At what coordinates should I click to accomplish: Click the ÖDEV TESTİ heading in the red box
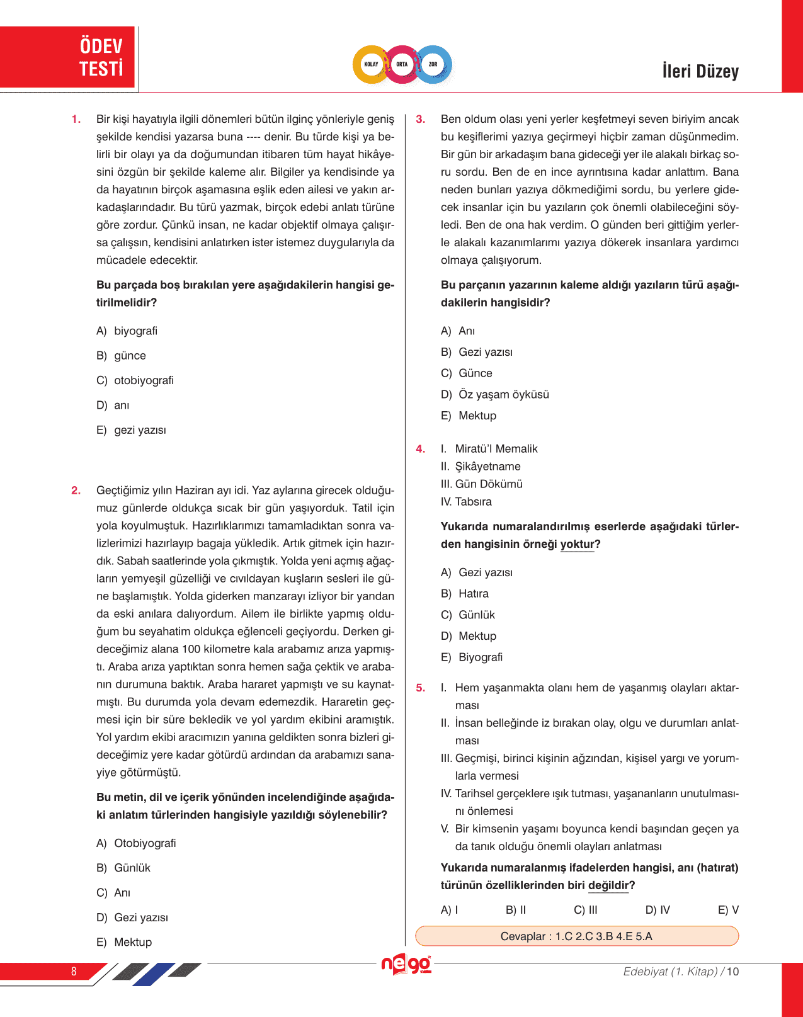pos(101,57)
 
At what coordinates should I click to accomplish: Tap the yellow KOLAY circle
pos(371,64)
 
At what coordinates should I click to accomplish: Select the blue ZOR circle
pos(433,64)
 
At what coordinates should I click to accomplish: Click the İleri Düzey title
pos(700,71)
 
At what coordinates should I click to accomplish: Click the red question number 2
pos(76,491)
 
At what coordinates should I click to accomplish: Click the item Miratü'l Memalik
pos(496,449)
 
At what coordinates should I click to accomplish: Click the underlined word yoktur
pos(577,544)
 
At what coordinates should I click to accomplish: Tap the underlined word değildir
pos(608,885)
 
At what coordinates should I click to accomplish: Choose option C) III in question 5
pos(586,910)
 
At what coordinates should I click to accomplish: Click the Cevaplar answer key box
pos(576,936)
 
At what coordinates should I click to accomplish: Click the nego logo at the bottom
pos(406,964)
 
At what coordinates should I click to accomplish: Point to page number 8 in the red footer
pos(74,971)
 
